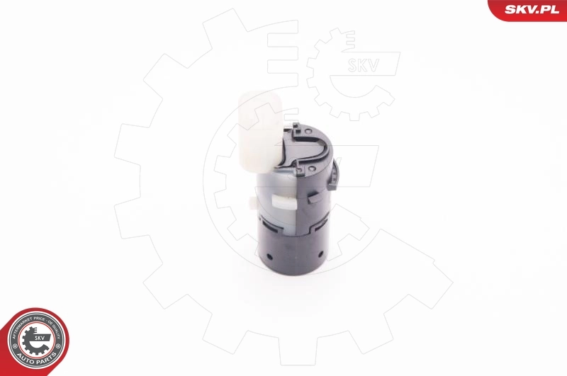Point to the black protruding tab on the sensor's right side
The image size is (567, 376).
pyautogui.click(x=333, y=177)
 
